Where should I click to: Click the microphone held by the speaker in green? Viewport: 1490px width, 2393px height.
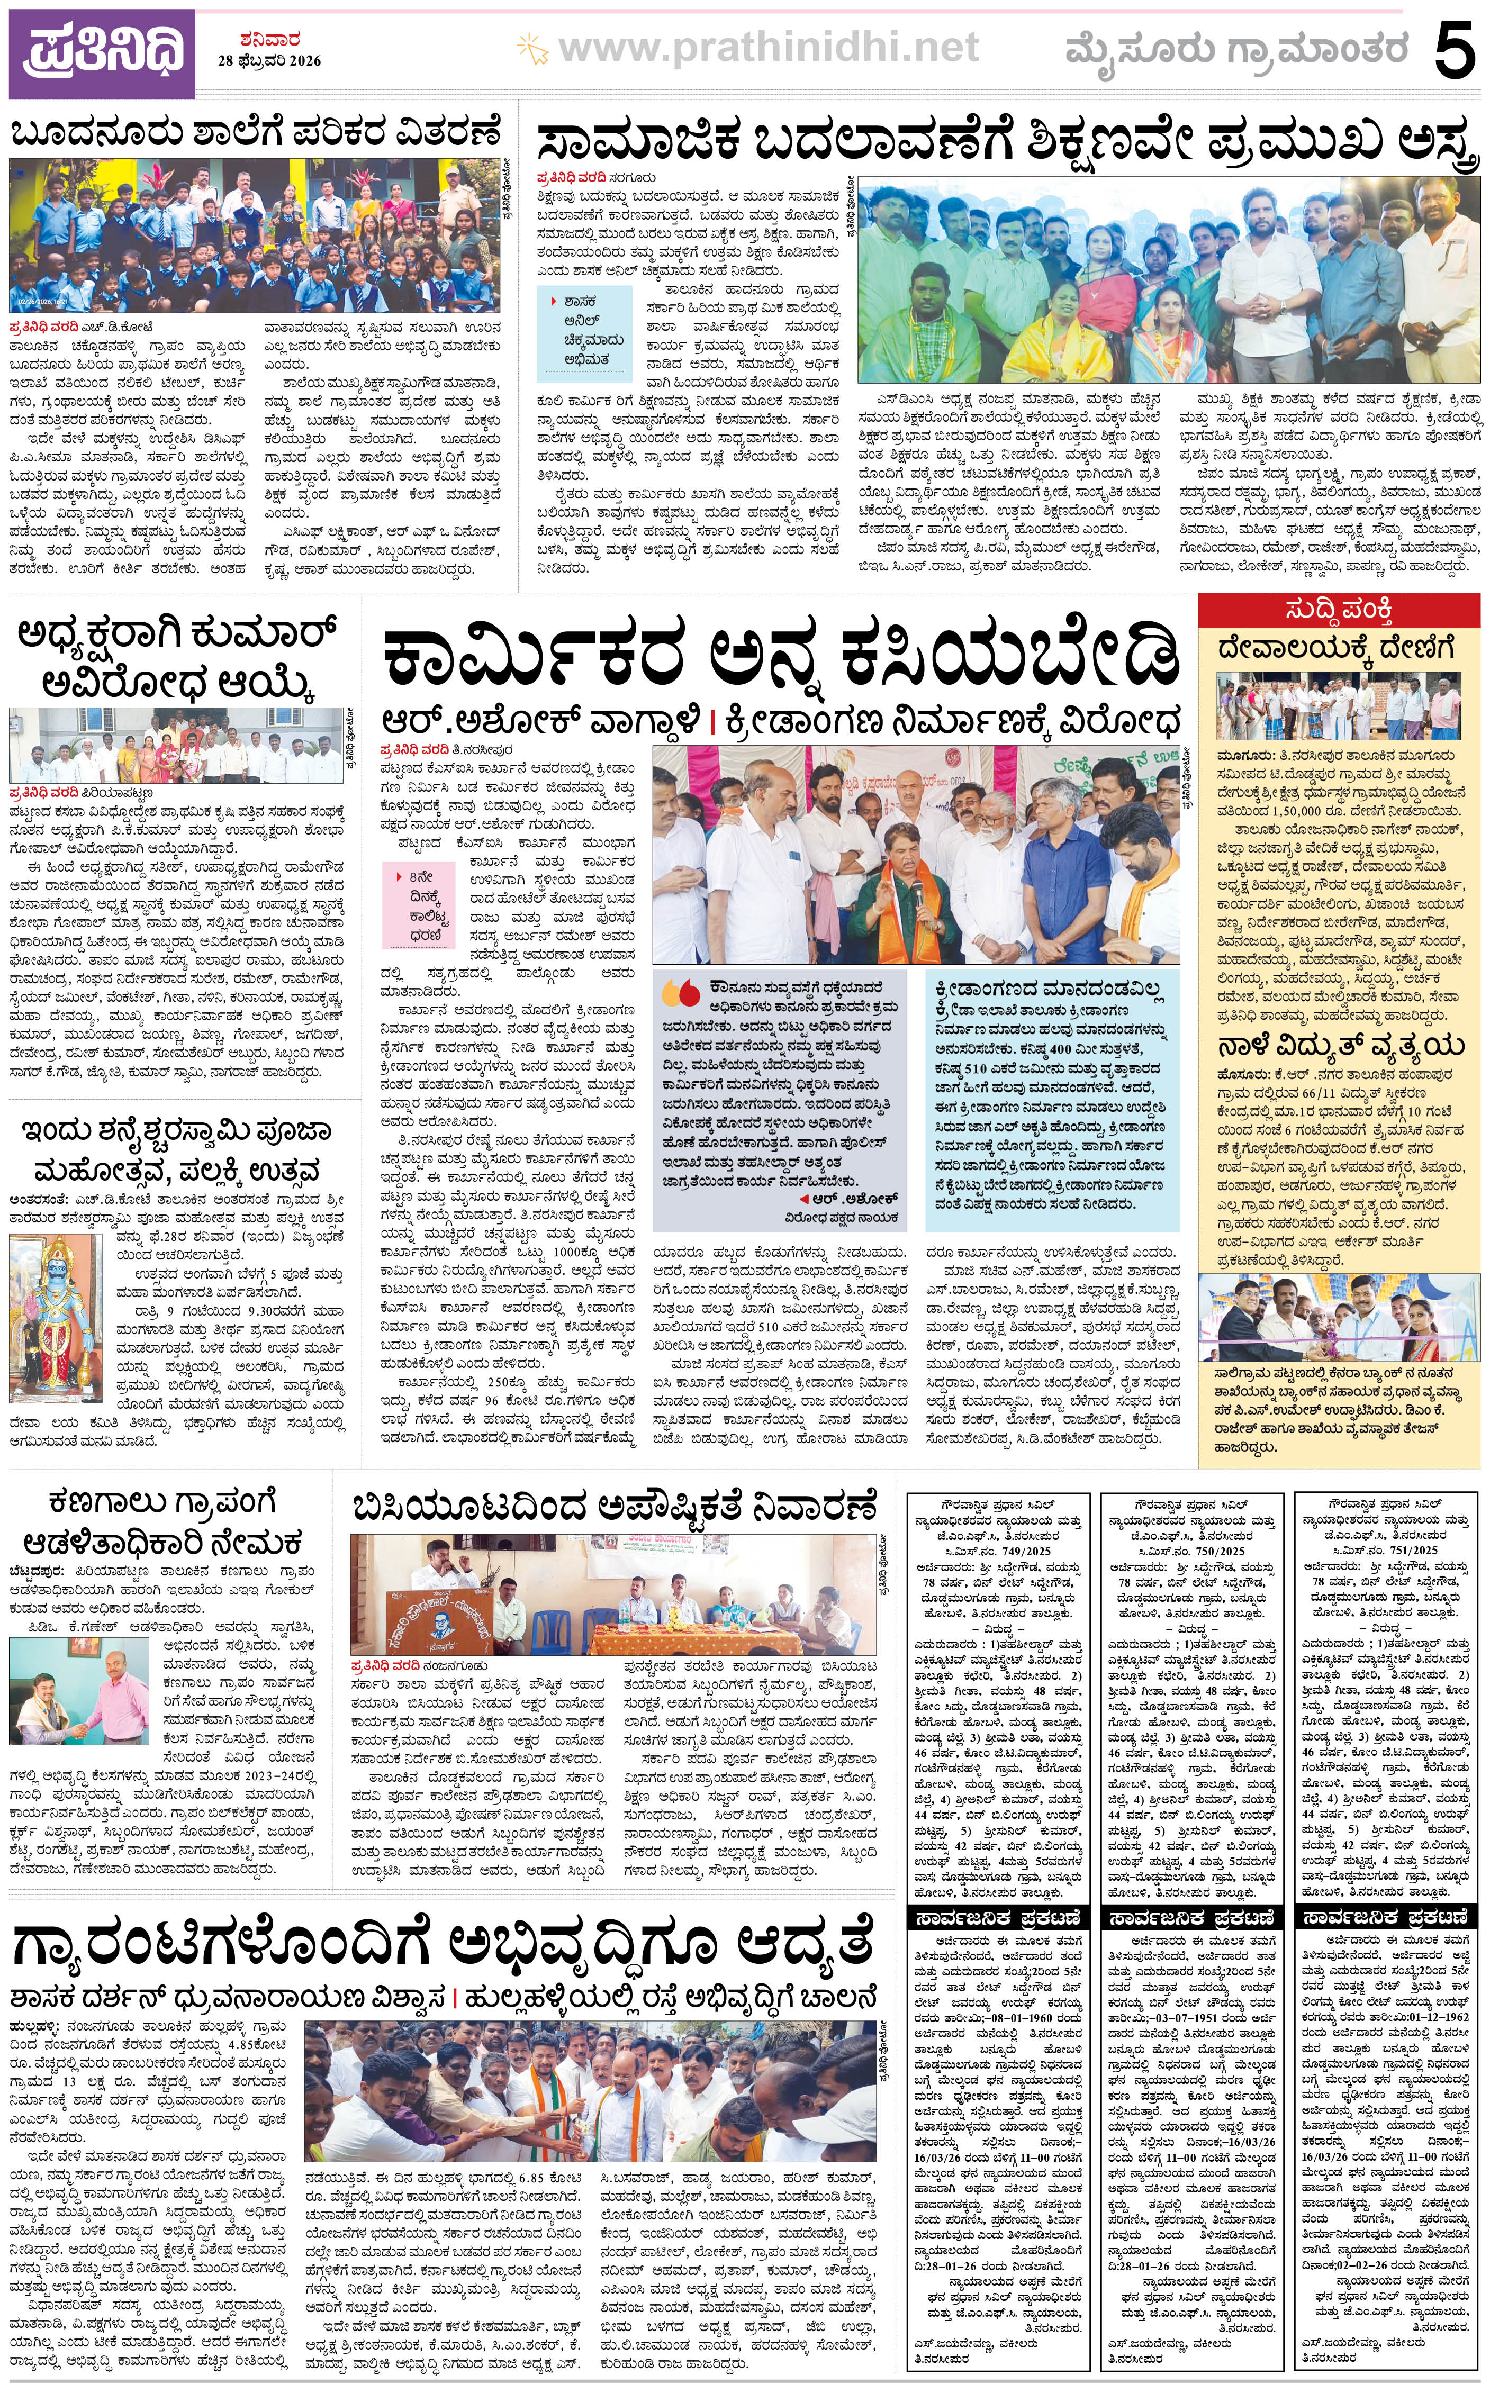[916, 895]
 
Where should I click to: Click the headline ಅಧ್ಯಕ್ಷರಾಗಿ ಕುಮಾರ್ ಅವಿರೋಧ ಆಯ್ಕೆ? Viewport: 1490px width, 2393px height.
[177, 657]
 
